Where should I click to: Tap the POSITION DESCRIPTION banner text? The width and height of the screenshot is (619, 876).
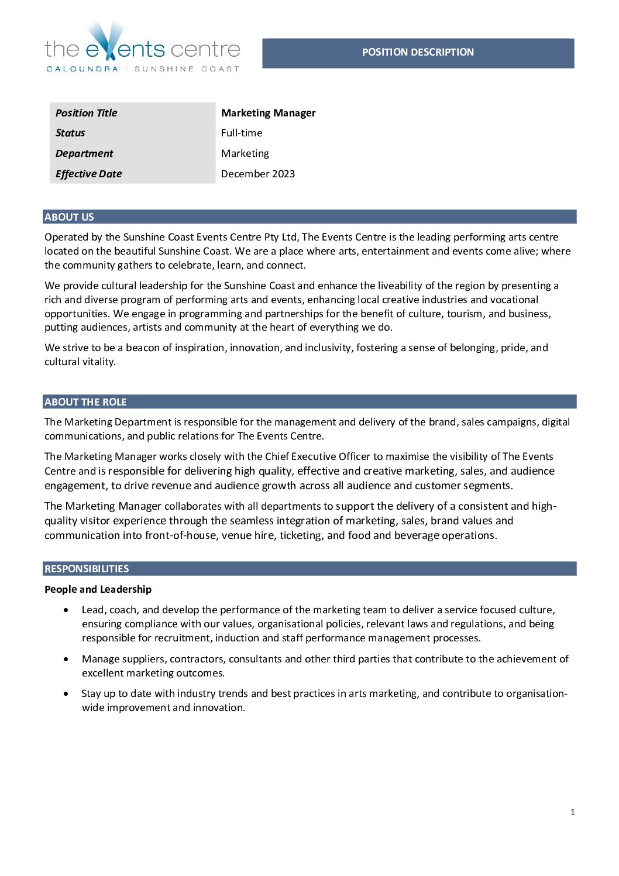click(x=418, y=52)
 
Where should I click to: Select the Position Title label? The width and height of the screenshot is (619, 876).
click(x=87, y=113)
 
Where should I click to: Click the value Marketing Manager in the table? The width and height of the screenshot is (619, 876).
click(x=268, y=113)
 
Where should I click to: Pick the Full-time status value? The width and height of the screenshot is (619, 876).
click(x=242, y=133)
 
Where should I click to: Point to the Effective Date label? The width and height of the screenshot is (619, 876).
click(x=89, y=174)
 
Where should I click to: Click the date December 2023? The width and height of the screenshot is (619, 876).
click(x=258, y=174)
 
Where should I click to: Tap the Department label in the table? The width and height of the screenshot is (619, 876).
click(x=84, y=153)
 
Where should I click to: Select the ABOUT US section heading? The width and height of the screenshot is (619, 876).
click(x=69, y=217)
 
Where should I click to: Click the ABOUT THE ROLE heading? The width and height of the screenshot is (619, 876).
click(x=85, y=402)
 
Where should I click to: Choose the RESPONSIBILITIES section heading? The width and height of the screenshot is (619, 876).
click(x=87, y=569)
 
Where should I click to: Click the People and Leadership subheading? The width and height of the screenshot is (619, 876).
click(x=98, y=589)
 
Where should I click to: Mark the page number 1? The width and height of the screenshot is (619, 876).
click(x=573, y=812)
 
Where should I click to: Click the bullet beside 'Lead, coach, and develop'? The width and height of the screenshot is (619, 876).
click(x=68, y=610)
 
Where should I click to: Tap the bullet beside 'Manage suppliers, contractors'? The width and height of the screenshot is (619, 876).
click(x=68, y=659)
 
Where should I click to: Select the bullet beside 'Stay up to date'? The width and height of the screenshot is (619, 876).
click(x=68, y=693)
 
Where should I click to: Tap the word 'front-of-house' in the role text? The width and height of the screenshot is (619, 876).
click(x=180, y=535)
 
